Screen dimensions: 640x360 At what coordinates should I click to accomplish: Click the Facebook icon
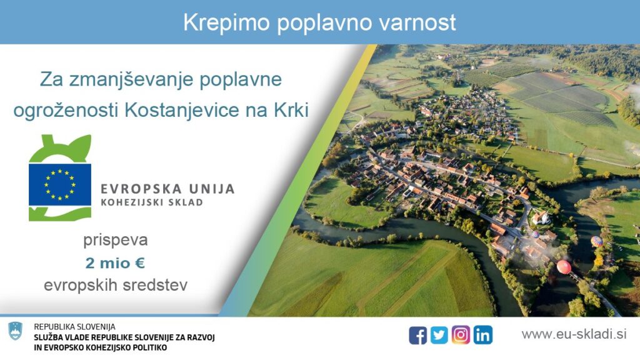[x=418, y=336]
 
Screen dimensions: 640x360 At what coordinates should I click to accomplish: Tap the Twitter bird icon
[x=439, y=335]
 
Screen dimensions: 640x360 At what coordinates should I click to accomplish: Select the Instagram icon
[x=461, y=335]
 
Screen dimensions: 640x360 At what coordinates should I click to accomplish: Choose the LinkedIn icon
[x=483, y=335]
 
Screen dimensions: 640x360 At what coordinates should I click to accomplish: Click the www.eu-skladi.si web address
[x=574, y=334]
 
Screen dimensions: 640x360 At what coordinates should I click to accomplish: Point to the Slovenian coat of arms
[x=16, y=331]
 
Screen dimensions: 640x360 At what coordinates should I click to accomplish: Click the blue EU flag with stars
[x=60, y=185]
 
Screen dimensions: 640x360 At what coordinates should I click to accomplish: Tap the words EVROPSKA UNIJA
[x=167, y=189]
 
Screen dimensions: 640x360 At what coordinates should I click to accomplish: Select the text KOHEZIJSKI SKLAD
[x=152, y=202]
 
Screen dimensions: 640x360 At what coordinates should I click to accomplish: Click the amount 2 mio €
[x=115, y=263]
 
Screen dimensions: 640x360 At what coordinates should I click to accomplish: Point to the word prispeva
[x=116, y=241]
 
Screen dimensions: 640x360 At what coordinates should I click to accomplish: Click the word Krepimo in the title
[x=226, y=23]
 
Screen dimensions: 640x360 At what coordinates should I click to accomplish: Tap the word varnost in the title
[x=417, y=23]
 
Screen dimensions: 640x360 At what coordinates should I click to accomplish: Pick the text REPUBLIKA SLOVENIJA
[x=75, y=327]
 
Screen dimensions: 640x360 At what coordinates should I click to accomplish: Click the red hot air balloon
[x=564, y=267]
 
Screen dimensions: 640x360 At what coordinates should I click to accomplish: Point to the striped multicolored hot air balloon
[x=597, y=241]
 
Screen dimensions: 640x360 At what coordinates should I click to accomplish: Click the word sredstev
[x=155, y=285]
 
